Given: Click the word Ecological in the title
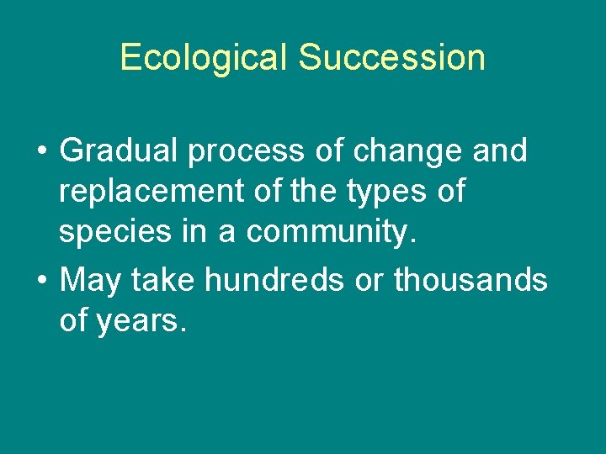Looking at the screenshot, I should point(205,57).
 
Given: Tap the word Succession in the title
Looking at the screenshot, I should point(391,57).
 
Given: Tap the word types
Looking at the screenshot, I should point(376,193).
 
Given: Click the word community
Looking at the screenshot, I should point(326,234).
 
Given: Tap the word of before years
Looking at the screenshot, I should point(75,319).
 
